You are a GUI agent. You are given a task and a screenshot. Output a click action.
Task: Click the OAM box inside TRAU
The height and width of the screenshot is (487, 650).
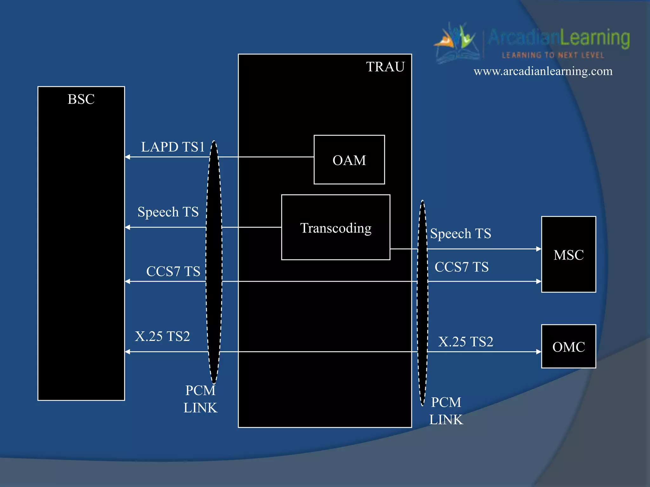349,160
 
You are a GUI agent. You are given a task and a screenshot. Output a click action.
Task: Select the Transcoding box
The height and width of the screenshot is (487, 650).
335,227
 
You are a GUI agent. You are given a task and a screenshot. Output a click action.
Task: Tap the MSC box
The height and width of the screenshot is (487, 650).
568,255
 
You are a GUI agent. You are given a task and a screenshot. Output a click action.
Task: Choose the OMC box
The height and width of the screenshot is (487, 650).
568,347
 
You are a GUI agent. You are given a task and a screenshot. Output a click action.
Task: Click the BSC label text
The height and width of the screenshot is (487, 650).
81,99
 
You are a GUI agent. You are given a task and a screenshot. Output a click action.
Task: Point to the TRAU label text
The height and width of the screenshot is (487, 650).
385,67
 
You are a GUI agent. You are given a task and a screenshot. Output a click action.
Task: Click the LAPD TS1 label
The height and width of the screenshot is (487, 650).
173,147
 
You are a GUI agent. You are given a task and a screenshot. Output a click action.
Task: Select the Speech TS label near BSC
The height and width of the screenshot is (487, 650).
168,212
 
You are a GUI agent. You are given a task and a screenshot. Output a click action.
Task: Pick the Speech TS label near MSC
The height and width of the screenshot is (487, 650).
461,234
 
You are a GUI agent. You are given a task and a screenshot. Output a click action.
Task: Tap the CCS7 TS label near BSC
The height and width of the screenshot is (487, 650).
173,271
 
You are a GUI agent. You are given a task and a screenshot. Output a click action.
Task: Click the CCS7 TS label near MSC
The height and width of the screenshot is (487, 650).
461,267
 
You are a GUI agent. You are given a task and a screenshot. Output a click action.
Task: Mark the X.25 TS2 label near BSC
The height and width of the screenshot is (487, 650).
162,336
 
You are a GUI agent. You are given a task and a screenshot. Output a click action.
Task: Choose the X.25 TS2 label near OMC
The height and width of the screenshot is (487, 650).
466,342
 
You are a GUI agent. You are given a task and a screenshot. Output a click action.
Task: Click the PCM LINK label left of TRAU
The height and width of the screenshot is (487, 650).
200,399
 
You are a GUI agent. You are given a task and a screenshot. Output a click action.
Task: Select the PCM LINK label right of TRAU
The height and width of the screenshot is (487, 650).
446,411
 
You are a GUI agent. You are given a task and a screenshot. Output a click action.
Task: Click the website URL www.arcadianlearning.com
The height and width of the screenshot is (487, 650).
543,71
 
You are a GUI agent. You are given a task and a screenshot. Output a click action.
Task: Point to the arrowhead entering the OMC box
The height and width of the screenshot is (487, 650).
539,352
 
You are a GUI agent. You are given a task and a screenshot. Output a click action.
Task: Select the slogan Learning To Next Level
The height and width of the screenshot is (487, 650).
553,55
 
